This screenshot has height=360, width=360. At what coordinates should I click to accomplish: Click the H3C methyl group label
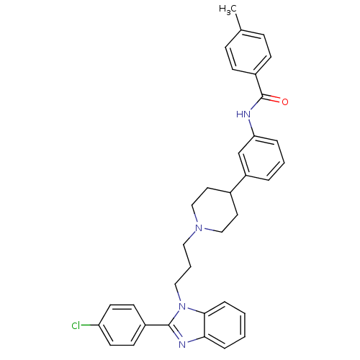[x=228, y=9]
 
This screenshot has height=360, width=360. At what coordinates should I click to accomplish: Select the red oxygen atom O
[x=285, y=102]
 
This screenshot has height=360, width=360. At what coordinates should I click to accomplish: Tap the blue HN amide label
[x=243, y=114]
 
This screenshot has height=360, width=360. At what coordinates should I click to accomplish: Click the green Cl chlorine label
[x=76, y=325]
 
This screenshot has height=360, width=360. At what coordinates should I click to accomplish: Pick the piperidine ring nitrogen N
[x=199, y=228]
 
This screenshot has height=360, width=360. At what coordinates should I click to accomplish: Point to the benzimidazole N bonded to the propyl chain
[x=182, y=307]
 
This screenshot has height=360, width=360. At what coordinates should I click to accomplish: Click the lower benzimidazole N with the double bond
[x=182, y=344]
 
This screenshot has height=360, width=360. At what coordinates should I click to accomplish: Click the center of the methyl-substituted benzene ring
[x=248, y=52]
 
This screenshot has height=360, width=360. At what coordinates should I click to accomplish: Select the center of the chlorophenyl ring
[x=122, y=325]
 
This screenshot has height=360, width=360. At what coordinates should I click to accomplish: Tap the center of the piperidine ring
[x=215, y=210]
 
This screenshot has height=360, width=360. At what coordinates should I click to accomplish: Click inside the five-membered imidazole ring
[x=189, y=325]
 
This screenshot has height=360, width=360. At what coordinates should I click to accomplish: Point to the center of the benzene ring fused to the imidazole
[x=225, y=325]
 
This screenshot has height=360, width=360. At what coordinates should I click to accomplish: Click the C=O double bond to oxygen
[x=272, y=99]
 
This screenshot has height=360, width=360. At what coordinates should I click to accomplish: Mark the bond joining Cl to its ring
[x=90, y=325]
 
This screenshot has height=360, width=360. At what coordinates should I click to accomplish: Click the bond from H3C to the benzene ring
[x=238, y=22]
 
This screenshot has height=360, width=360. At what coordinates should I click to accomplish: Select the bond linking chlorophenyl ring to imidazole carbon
[x=157, y=325]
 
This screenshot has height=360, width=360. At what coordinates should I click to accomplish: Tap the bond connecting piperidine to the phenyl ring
[x=238, y=184]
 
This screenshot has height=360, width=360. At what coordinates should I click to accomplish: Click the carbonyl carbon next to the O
[x=262, y=96]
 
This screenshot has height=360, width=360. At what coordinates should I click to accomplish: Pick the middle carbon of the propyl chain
[x=191, y=266]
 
